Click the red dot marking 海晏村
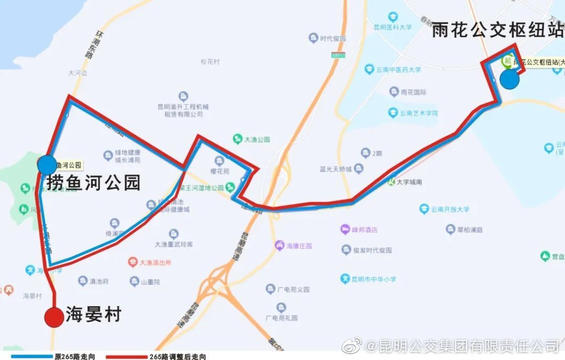click(x=54, y=317)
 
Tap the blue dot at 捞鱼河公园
click(x=47, y=165)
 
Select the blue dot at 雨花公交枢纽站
click(x=509, y=80)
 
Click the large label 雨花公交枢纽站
click(x=498, y=30)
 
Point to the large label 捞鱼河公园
click(x=94, y=183)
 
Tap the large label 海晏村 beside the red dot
click(x=94, y=314)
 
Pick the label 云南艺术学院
click(x=419, y=113)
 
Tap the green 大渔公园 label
click(x=257, y=139)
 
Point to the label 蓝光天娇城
click(x=343, y=169)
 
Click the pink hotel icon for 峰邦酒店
click(x=345, y=229)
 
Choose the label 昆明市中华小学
click(x=374, y=278)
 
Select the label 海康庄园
click(x=299, y=245)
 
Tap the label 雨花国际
click(x=413, y=92)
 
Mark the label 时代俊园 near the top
click(x=333, y=38)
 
